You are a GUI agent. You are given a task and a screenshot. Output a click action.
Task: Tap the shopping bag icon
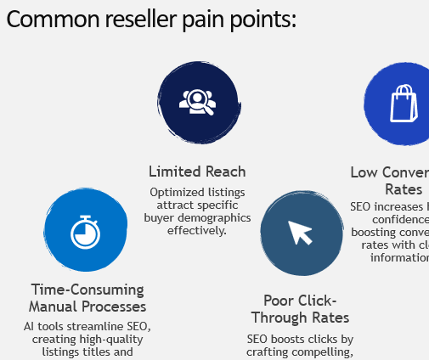click(404, 103)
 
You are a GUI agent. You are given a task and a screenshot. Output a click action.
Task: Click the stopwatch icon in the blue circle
click(85, 230)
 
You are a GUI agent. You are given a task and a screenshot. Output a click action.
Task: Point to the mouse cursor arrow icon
click(300, 231)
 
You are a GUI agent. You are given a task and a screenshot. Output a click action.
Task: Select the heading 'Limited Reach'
click(197, 172)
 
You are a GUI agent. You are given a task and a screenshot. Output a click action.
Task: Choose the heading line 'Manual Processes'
click(87, 306)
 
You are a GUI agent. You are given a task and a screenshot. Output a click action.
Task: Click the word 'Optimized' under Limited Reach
click(174, 193)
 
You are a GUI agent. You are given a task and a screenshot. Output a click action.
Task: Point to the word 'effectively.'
click(197, 229)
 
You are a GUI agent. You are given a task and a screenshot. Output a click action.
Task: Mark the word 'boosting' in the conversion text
click(373, 232)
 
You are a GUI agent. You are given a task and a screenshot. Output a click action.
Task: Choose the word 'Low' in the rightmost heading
click(364, 172)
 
